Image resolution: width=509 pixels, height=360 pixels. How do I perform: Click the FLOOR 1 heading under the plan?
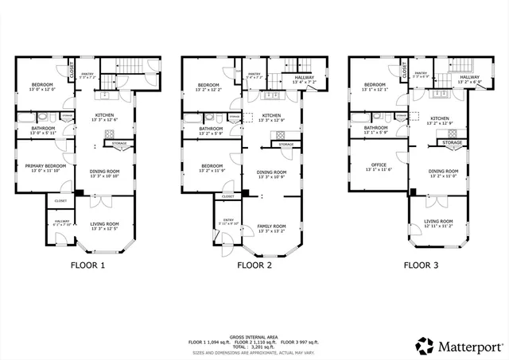[87, 266]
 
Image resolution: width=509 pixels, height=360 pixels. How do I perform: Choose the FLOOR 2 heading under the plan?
[254, 266]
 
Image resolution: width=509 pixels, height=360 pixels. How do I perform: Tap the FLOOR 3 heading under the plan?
[420, 266]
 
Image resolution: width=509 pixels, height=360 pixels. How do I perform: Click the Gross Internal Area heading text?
[253, 337]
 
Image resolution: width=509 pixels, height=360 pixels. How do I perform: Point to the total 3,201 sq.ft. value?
[262, 346]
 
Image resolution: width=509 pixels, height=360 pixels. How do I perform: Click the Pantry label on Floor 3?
[421, 73]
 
